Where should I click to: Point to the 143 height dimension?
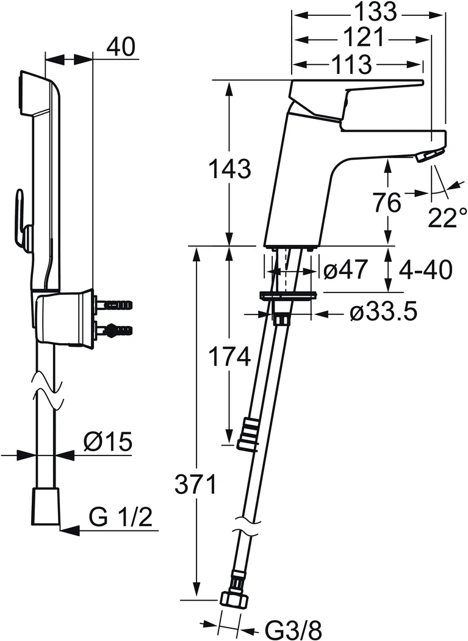[x=229, y=168]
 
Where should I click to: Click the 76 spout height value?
[x=387, y=202]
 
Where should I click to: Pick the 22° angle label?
[x=447, y=217]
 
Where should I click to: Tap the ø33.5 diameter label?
[x=383, y=313]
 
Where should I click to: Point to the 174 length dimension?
[x=229, y=355]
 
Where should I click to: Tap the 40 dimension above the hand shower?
[x=121, y=47]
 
